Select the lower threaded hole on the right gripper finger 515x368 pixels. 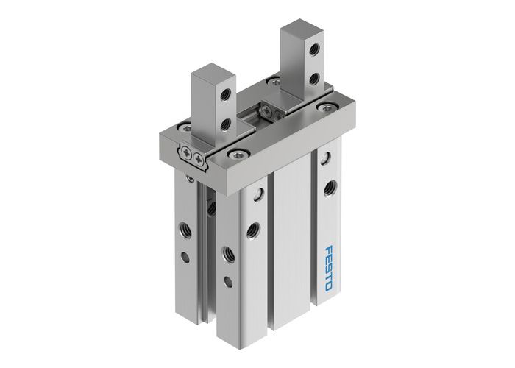pyautogui.click(x=314, y=77)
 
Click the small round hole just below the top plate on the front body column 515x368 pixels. pyautogui.click(x=259, y=195)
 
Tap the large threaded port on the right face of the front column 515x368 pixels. pyautogui.click(x=254, y=228)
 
